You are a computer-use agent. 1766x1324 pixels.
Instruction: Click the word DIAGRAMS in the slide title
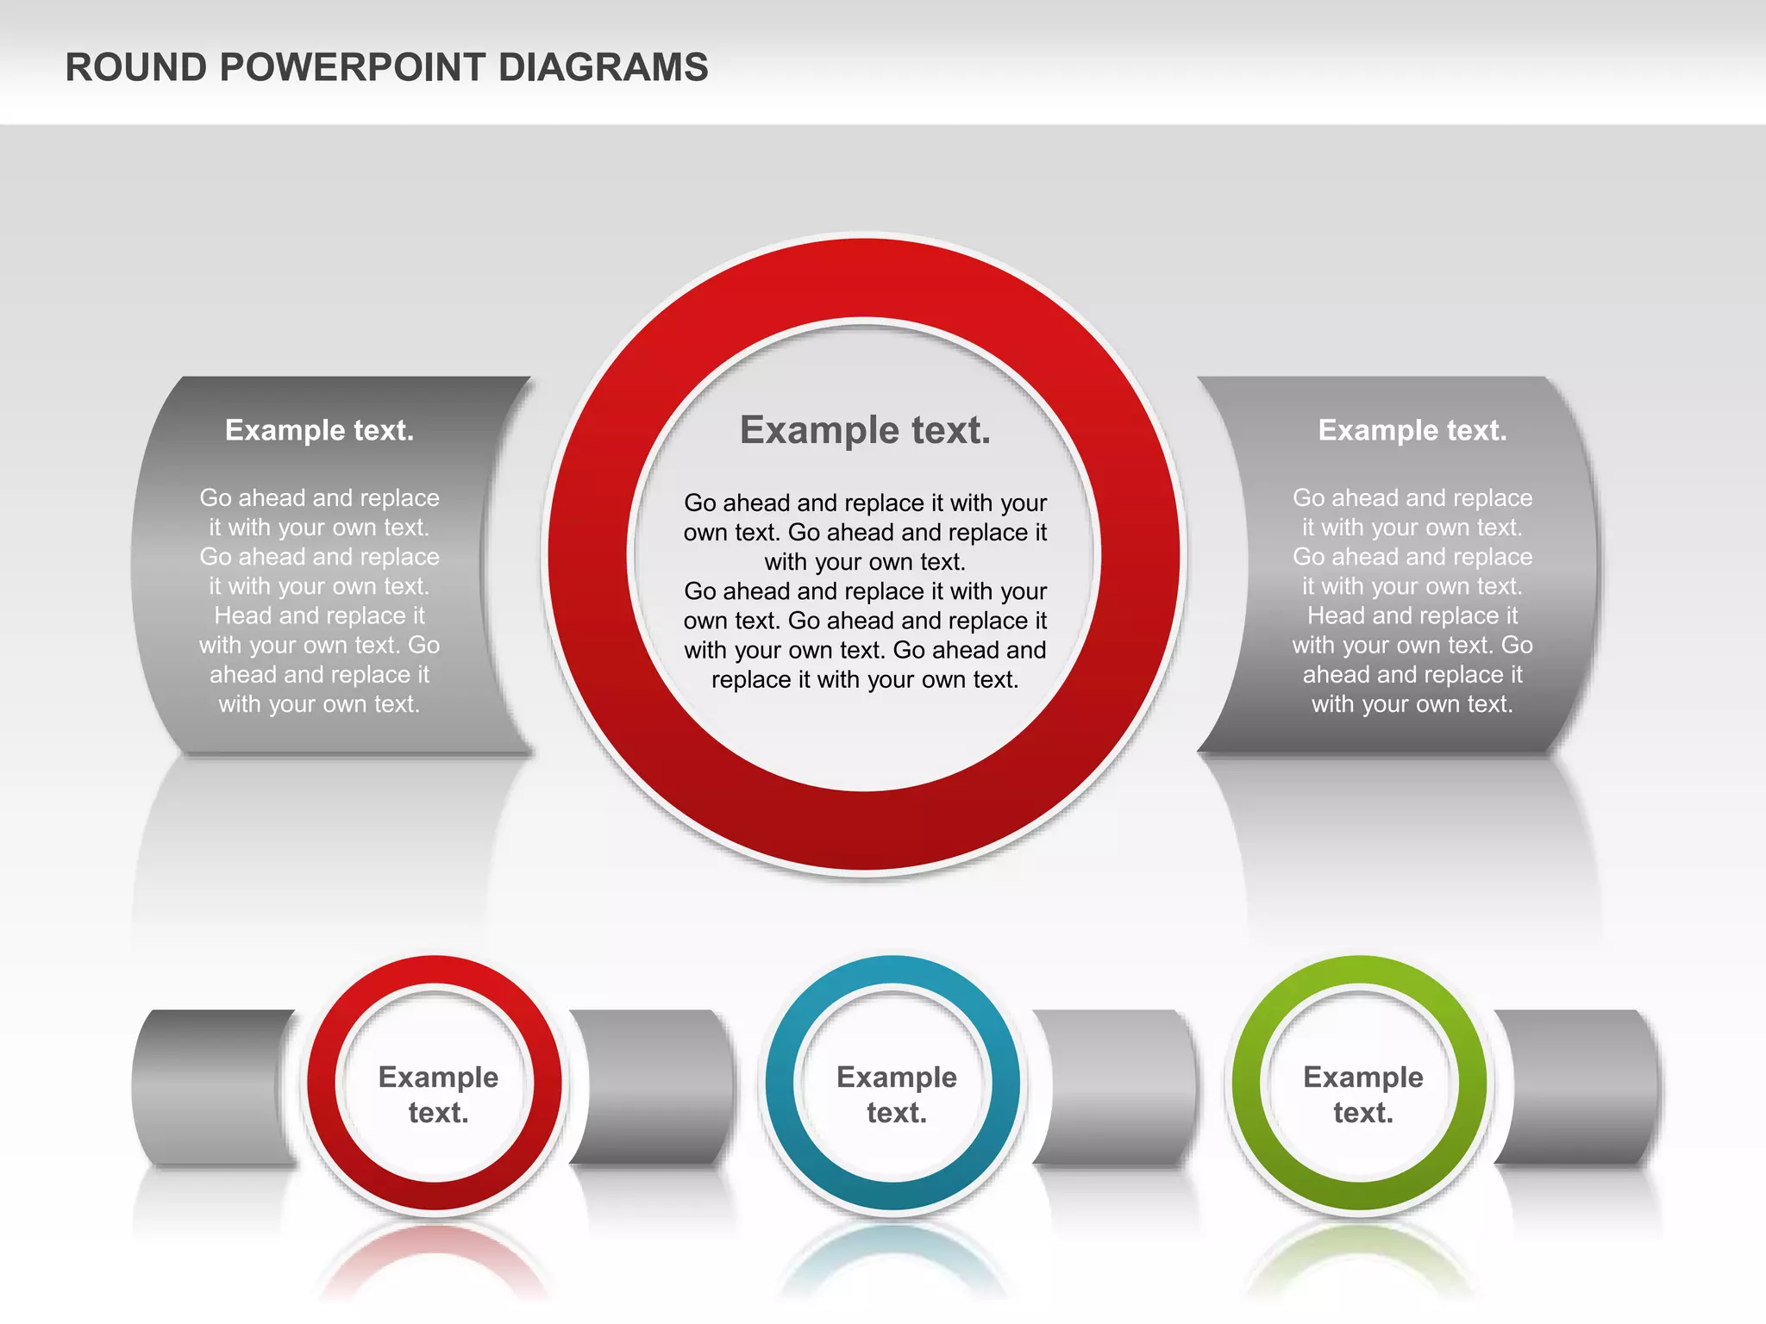click(x=603, y=68)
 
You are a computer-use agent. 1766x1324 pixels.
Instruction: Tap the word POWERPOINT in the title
click(x=354, y=68)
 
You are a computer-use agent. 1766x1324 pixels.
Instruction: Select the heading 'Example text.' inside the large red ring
click(x=865, y=430)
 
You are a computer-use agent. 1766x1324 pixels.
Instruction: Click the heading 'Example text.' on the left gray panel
click(x=319, y=430)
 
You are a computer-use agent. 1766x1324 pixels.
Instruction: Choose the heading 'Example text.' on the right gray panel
click(x=1412, y=430)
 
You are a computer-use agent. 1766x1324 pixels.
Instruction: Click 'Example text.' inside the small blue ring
click(x=896, y=1095)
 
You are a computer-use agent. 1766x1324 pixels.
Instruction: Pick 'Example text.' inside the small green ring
click(x=1362, y=1095)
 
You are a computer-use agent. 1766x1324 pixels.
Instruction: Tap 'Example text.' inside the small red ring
click(x=438, y=1095)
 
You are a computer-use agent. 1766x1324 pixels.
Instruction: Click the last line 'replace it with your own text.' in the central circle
click(x=865, y=680)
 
